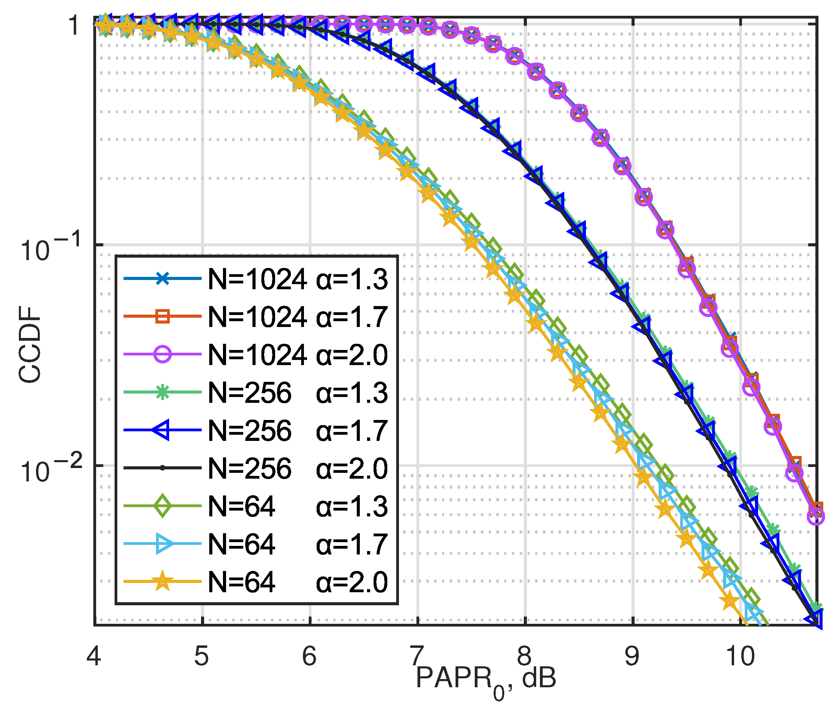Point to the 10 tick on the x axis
click(x=741, y=656)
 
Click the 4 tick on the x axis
click(x=94, y=656)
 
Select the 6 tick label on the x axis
click(x=309, y=656)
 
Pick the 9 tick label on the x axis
click(x=632, y=656)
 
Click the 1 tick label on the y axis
click(x=75, y=27)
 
